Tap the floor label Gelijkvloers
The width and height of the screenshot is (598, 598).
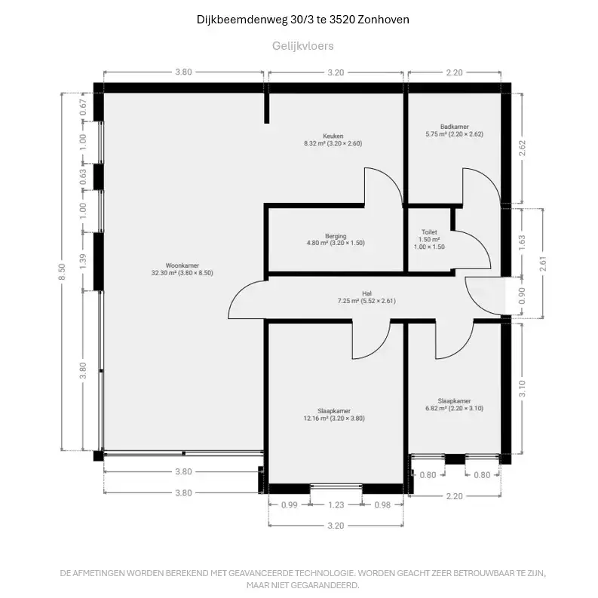(x=302, y=46)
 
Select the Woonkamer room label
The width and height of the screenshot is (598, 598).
(x=182, y=265)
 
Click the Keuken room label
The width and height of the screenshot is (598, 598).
(x=333, y=136)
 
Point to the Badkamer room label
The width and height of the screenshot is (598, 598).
(x=454, y=127)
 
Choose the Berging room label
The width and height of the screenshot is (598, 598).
(x=336, y=236)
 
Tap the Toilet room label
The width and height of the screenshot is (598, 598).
(x=429, y=232)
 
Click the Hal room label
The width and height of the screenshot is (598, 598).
(x=366, y=293)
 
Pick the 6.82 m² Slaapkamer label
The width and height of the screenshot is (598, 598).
(x=454, y=401)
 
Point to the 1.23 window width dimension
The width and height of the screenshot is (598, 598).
(x=336, y=505)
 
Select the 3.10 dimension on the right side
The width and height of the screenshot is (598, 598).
(x=522, y=388)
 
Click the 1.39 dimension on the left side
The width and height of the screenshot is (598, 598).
(x=83, y=260)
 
